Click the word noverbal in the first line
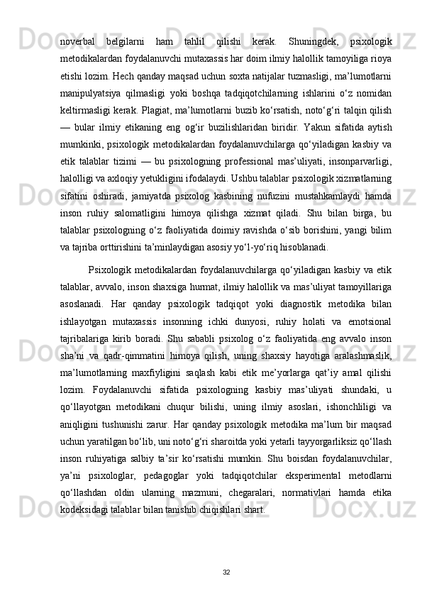[x=79, y=22]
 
